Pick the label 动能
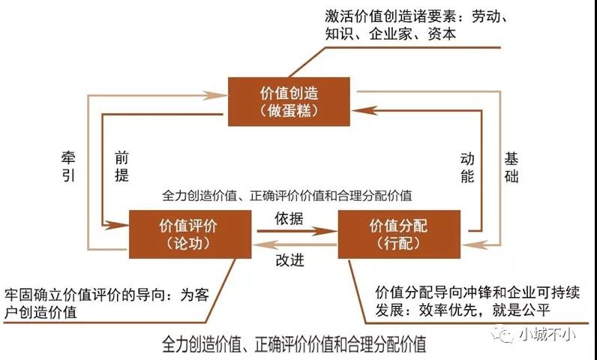point(467,168)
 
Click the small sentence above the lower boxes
point(287,196)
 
